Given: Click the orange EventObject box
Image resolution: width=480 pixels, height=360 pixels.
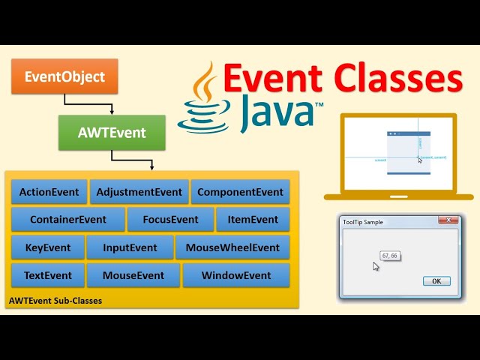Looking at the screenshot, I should (64, 76).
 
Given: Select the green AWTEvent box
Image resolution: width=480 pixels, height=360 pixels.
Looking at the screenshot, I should (111, 133).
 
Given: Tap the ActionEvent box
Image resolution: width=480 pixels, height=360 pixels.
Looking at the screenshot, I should (49, 192).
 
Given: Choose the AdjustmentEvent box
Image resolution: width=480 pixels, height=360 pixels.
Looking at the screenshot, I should (139, 192).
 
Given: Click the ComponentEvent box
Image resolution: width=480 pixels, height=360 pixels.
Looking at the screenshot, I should (240, 192).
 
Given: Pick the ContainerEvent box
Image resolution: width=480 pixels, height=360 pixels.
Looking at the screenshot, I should (67, 220).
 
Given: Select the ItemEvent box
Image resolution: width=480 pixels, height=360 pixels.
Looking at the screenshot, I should (253, 220).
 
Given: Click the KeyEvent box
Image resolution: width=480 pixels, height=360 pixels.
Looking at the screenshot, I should (47, 247).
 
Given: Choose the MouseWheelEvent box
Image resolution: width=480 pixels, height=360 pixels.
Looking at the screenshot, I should (232, 247).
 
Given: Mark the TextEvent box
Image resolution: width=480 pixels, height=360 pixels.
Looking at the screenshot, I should (47, 275).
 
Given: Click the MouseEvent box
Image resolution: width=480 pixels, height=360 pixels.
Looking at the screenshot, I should (133, 275).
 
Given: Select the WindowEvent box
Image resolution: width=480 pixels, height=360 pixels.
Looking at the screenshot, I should (236, 275).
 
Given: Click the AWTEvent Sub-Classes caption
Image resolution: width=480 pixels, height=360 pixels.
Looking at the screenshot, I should (55, 301).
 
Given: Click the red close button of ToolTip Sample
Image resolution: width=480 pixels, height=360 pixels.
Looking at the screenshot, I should (448, 220).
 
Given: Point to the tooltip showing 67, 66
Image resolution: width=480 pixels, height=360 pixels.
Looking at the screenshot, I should (390, 256).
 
